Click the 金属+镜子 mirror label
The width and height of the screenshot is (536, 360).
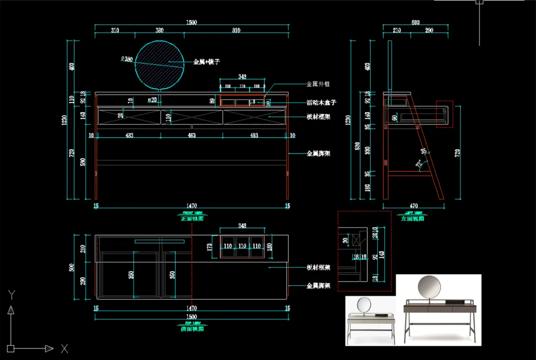pos(206,62)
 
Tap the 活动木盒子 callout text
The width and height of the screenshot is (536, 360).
pos(321,103)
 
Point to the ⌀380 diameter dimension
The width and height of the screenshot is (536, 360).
pos(127,59)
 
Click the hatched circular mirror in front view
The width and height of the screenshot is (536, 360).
pos(158,65)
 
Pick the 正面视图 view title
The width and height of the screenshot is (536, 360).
pos(192,218)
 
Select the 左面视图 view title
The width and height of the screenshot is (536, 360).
pos(413,218)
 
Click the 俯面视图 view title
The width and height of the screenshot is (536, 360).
pos(192,328)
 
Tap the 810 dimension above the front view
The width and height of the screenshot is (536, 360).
pos(236,31)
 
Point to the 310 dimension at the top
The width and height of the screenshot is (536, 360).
pos(115,31)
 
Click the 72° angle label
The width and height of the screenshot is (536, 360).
pos(418,163)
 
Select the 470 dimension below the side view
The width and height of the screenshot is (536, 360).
pos(413,206)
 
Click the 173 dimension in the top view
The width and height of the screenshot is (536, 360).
pos(209,246)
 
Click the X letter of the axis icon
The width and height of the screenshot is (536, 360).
pos(64,349)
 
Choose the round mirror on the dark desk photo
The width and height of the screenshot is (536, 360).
pos(429,287)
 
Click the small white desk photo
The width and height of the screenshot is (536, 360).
pos(370,320)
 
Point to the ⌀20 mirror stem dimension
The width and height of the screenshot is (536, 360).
pos(152,100)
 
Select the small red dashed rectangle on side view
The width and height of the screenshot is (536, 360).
pos(444,114)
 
